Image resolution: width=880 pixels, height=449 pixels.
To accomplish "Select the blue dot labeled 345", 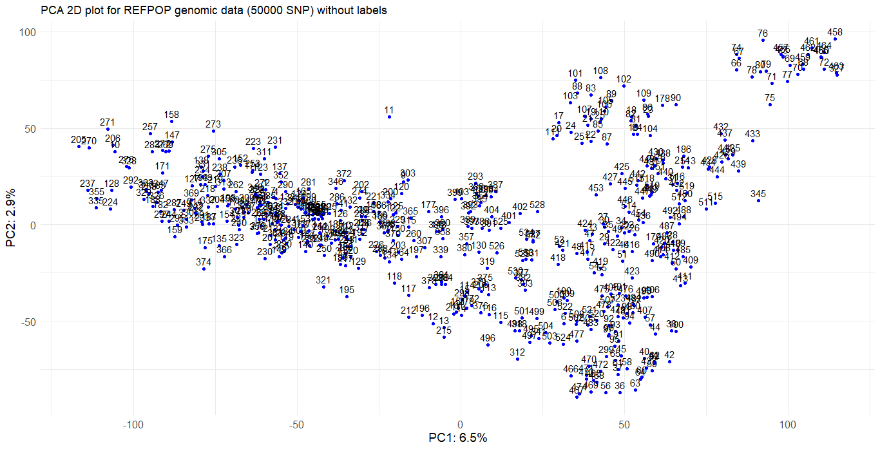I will pos(758,201).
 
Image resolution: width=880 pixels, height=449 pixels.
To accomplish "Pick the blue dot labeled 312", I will pos(517,359).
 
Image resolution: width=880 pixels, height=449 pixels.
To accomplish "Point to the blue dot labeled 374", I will pos(204,269).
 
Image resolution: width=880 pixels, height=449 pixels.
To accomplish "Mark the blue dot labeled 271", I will pos(107,129).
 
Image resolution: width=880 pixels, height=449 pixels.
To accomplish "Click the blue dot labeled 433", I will pos(752,141).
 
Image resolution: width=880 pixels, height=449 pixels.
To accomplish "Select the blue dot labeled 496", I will pos(488,345).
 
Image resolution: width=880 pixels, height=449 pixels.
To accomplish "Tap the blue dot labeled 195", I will pos(347,297).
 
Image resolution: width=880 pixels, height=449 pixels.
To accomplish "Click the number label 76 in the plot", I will pos(763,33).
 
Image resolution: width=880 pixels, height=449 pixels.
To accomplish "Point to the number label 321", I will pos(323,280).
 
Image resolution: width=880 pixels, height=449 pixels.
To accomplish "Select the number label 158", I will pos(171,115).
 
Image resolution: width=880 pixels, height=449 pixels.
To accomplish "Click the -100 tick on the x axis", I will pos(133,425).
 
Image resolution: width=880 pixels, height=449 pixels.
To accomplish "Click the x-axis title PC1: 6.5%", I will pos(458,438).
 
